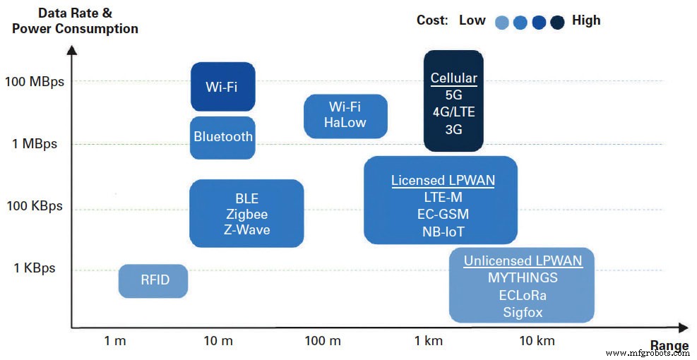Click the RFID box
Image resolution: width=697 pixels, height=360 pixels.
click(153, 280)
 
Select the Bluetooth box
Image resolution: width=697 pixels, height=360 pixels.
click(222, 137)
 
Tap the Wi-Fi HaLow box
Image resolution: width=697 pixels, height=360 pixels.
click(345, 115)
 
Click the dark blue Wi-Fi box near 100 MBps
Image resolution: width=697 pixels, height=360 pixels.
click(222, 87)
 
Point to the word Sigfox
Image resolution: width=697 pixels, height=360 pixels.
click(523, 312)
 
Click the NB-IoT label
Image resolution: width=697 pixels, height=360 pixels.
click(443, 231)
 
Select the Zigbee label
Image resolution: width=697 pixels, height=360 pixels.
click(246, 215)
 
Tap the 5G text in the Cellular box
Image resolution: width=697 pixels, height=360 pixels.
click(453, 95)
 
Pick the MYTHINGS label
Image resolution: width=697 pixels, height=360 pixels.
click(523, 278)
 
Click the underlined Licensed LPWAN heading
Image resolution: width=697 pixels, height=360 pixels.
click(443, 181)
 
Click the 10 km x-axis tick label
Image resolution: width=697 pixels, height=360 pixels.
click(537, 341)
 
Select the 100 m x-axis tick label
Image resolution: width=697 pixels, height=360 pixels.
click(323, 341)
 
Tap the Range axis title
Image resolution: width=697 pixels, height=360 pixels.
click(669, 345)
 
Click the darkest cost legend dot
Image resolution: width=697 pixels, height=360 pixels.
click(557, 23)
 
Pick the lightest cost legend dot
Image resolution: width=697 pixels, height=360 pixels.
click(502, 23)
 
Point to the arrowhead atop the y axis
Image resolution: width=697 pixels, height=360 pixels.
click(71, 49)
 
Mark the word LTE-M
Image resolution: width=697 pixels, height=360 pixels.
click(443, 198)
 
